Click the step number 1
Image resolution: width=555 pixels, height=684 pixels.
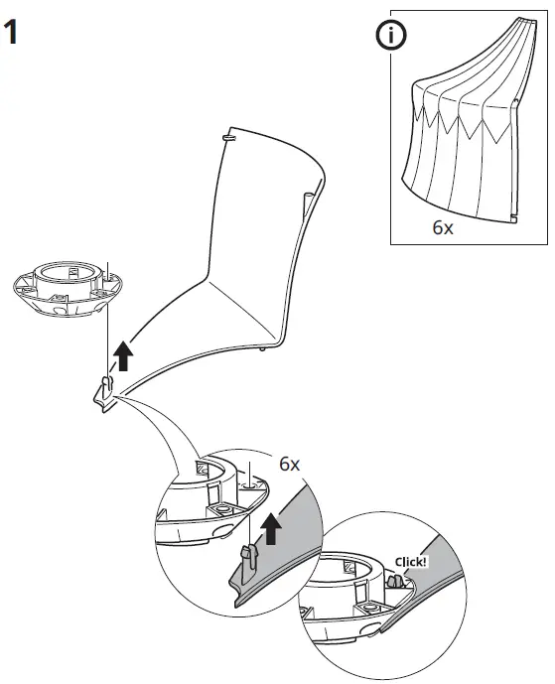pyautogui.click(x=15, y=34)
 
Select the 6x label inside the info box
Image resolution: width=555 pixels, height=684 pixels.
pyautogui.click(x=442, y=226)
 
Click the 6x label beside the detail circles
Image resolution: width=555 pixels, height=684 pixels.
pyautogui.click(x=289, y=464)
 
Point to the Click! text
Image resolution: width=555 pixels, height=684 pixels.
pyautogui.click(x=410, y=561)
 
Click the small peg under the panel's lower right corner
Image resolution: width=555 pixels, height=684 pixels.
pyautogui.click(x=260, y=348)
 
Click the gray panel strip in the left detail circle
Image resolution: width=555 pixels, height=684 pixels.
pyautogui.click(x=288, y=556)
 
